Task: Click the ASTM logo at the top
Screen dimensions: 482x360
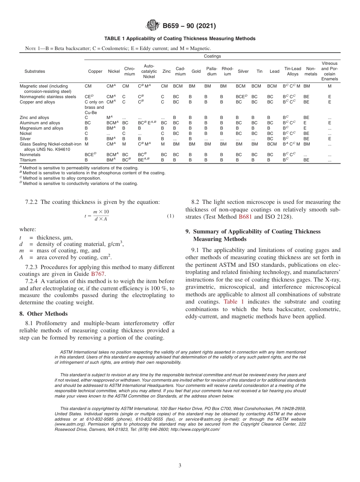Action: (x=153, y=26)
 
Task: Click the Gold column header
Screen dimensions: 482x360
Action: (x=196, y=71)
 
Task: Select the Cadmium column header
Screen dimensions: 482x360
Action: (x=180, y=71)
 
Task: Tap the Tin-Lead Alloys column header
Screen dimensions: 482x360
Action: (x=293, y=71)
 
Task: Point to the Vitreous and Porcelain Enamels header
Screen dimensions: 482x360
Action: (x=329, y=71)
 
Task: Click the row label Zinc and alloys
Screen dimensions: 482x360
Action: (x=34, y=117)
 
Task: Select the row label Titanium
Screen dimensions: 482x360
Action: (x=28, y=160)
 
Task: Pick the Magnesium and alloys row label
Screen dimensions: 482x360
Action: (x=41, y=128)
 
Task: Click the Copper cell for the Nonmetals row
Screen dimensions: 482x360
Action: (x=91, y=155)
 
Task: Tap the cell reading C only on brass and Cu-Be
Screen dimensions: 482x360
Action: (x=94, y=107)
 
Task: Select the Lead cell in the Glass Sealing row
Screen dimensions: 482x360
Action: (x=272, y=144)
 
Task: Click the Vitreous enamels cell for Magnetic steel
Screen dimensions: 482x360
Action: (x=329, y=86)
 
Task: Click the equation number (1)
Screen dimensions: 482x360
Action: (x=171, y=216)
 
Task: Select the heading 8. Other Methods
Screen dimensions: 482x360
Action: (x=44, y=314)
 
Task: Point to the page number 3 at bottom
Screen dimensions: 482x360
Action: (x=180, y=465)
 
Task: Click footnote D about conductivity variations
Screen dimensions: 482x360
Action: (x=80, y=183)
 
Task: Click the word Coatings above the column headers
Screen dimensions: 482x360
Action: (x=212, y=56)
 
